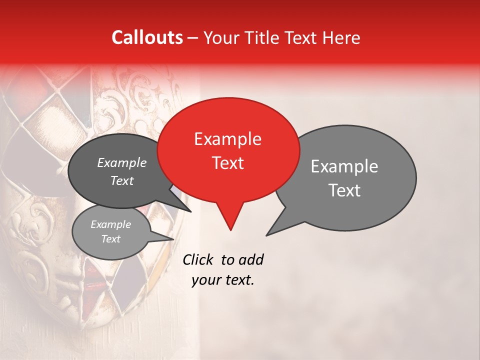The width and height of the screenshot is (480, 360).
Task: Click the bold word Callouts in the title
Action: pyautogui.click(x=147, y=37)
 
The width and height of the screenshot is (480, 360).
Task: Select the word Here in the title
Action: pyautogui.click(x=340, y=37)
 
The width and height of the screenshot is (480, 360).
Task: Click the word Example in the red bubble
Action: pyautogui.click(x=227, y=139)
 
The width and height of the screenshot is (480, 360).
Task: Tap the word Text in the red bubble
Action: pyautogui.click(x=227, y=163)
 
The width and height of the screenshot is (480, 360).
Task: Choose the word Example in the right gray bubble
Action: pyautogui.click(x=344, y=166)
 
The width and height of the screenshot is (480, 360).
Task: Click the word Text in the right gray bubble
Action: pyautogui.click(x=345, y=190)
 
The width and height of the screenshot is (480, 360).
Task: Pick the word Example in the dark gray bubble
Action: pyautogui.click(x=121, y=163)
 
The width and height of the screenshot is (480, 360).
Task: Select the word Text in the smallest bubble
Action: pyautogui.click(x=110, y=239)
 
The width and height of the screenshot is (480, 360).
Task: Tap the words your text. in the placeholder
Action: pyautogui.click(x=223, y=280)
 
